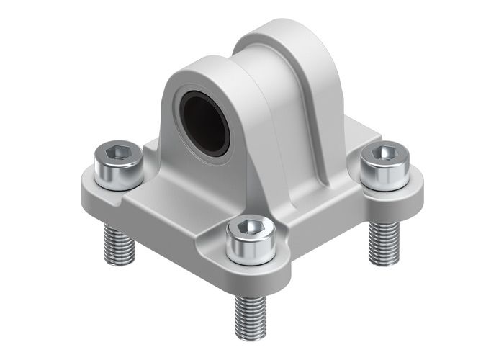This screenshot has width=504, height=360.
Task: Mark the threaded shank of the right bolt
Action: [383, 241]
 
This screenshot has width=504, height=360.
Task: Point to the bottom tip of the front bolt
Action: [250, 338]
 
